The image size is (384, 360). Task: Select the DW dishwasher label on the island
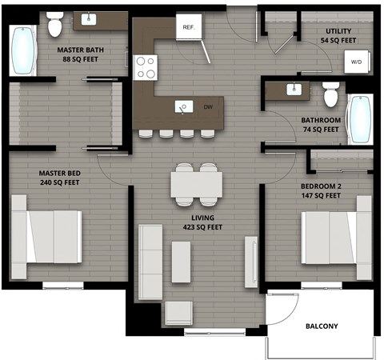pos(208,106)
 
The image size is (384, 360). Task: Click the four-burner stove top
pos(146,67)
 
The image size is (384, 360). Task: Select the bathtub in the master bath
pos(24,50)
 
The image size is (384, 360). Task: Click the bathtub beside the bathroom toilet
pos(360,118)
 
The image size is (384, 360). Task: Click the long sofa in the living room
pos(150,262)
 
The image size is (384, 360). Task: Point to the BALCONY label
pos(322,326)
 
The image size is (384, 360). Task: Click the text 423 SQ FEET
pos(202,227)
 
